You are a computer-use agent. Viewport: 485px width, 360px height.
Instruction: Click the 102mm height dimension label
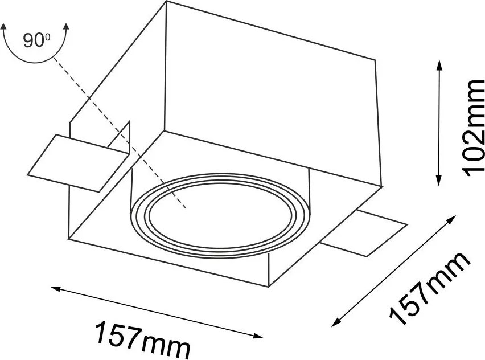[x=472, y=128]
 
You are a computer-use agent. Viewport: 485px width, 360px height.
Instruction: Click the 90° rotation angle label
[x=36, y=40]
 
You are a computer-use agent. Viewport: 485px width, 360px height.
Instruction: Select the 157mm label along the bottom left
[x=142, y=339]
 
